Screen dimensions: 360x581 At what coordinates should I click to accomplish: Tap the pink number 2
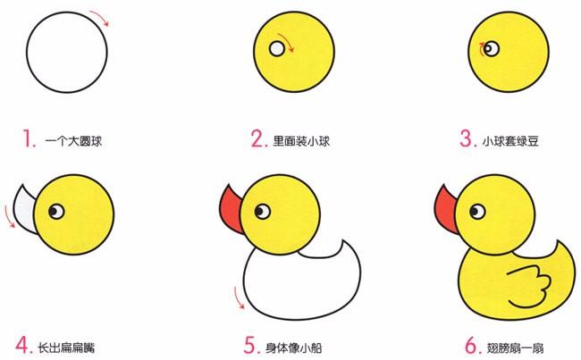[x=258, y=138]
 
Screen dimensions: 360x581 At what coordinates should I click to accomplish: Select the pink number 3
[x=467, y=138]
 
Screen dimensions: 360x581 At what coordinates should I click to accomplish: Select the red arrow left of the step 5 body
[x=240, y=297]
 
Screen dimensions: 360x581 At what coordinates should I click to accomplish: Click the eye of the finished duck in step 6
[x=479, y=211]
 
